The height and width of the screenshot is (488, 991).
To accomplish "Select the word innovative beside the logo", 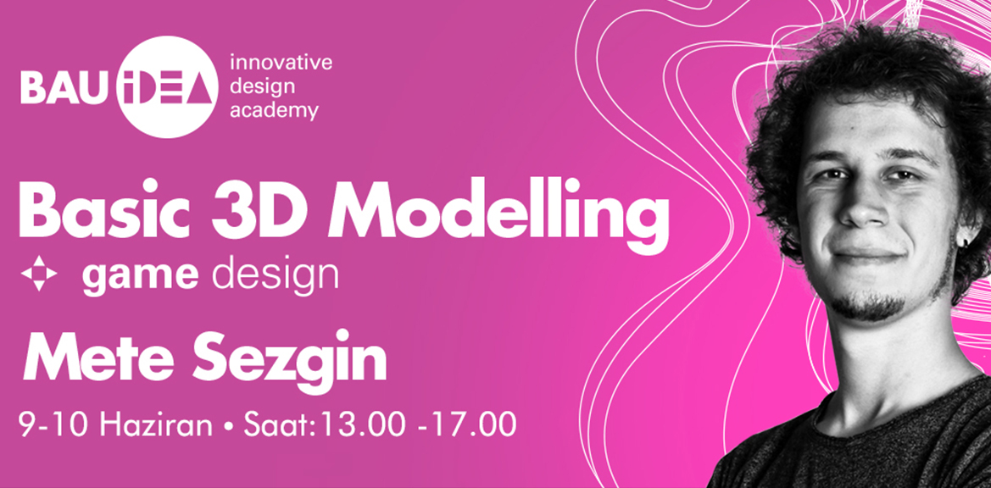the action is pyautogui.click(x=281, y=64).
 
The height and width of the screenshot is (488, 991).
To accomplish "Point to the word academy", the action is pyautogui.click(x=274, y=111).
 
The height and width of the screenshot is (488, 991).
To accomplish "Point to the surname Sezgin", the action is pyautogui.click(x=289, y=361).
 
